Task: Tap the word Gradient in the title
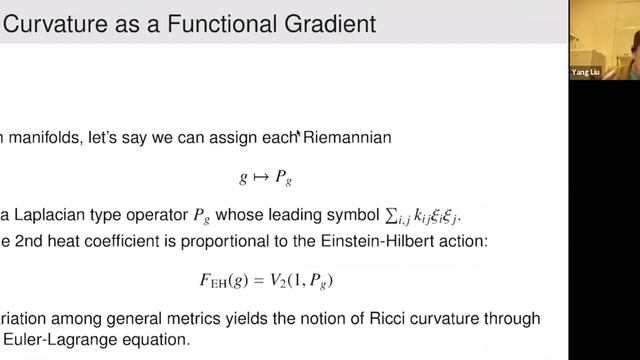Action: tap(326, 23)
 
